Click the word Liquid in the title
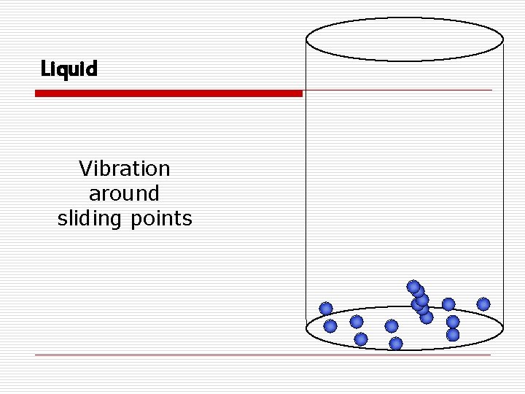[69, 69]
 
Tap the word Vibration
[124, 169]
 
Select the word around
[124, 193]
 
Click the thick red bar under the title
[168, 93]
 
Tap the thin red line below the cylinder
[262, 355]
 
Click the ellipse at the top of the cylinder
[405, 39]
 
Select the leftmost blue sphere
[326, 309]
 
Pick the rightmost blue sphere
[483, 304]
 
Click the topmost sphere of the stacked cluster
[413, 287]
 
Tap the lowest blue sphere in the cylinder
[396, 343]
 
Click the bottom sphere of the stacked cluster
[427, 317]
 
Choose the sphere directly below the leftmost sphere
[330, 326]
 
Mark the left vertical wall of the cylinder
[306, 182]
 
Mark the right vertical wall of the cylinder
[503, 182]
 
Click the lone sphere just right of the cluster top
[448, 304]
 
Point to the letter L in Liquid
[45, 69]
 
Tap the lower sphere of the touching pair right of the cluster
[453, 335]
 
